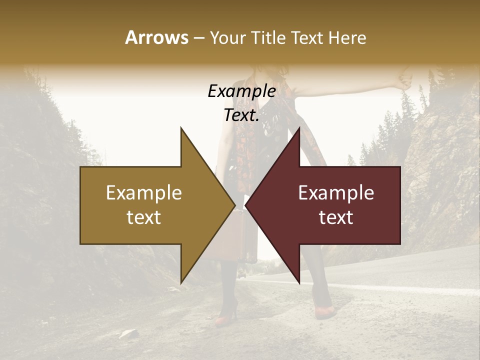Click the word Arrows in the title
tap(156, 37)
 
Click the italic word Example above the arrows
tap(241, 91)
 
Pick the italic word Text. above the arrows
tap(241, 115)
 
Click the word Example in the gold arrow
tap(144, 193)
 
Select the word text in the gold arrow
tap(144, 217)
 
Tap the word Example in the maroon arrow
tap(336, 193)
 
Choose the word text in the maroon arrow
tap(336, 217)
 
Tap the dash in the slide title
tap(198, 38)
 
